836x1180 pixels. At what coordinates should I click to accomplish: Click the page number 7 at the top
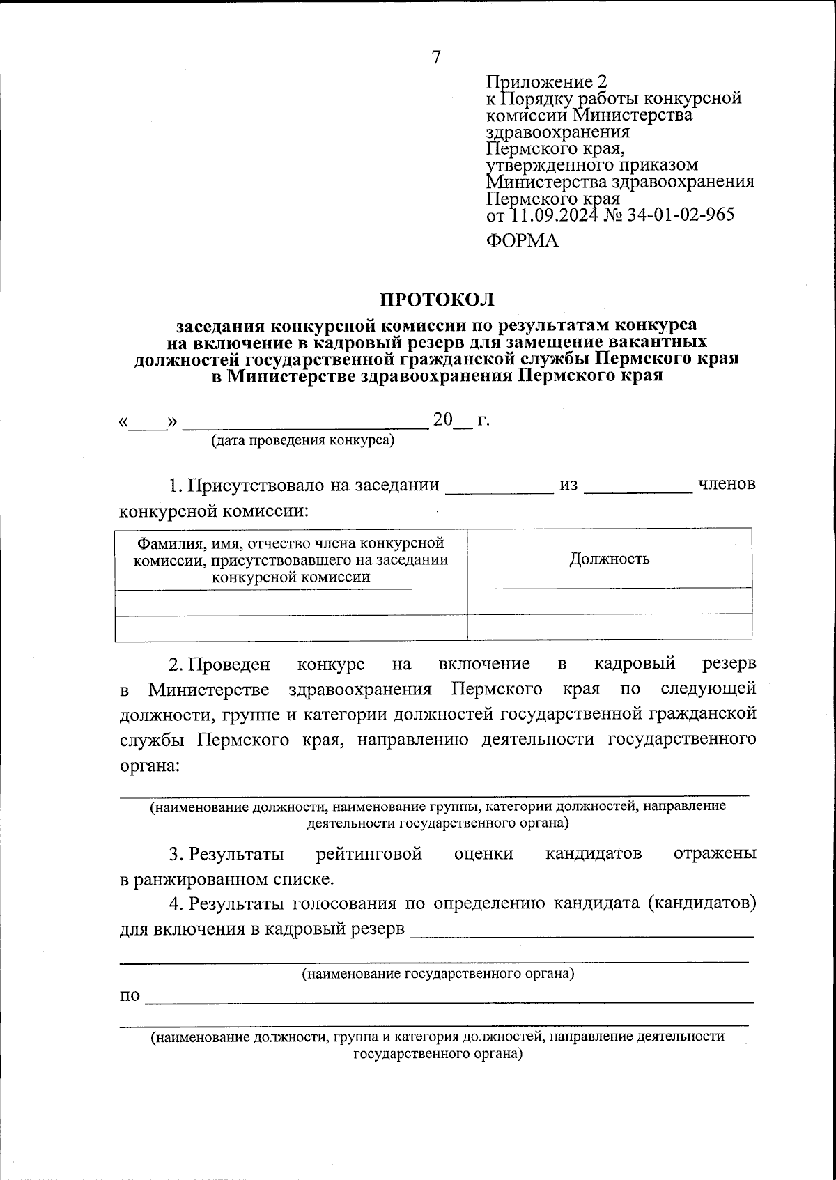(436, 57)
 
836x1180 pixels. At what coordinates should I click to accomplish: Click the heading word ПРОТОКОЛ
(436, 300)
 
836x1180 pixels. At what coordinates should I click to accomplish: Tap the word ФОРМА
(522, 241)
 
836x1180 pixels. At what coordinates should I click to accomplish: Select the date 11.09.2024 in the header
(554, 215)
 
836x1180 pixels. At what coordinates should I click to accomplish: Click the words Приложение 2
(547, 82)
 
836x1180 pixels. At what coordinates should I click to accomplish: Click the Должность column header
(609, 559)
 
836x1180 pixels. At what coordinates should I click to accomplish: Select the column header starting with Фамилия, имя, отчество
(291, 559)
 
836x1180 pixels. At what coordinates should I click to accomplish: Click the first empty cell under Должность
(609, 601)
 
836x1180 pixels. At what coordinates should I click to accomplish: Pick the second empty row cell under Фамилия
(291, 627)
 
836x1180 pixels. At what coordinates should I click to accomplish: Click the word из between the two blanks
(568, 486)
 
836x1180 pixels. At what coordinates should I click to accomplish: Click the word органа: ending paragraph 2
(150, 765)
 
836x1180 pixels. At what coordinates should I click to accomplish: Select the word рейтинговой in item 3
(369, 854)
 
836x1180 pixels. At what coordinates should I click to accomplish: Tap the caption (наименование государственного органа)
(438, 974)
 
